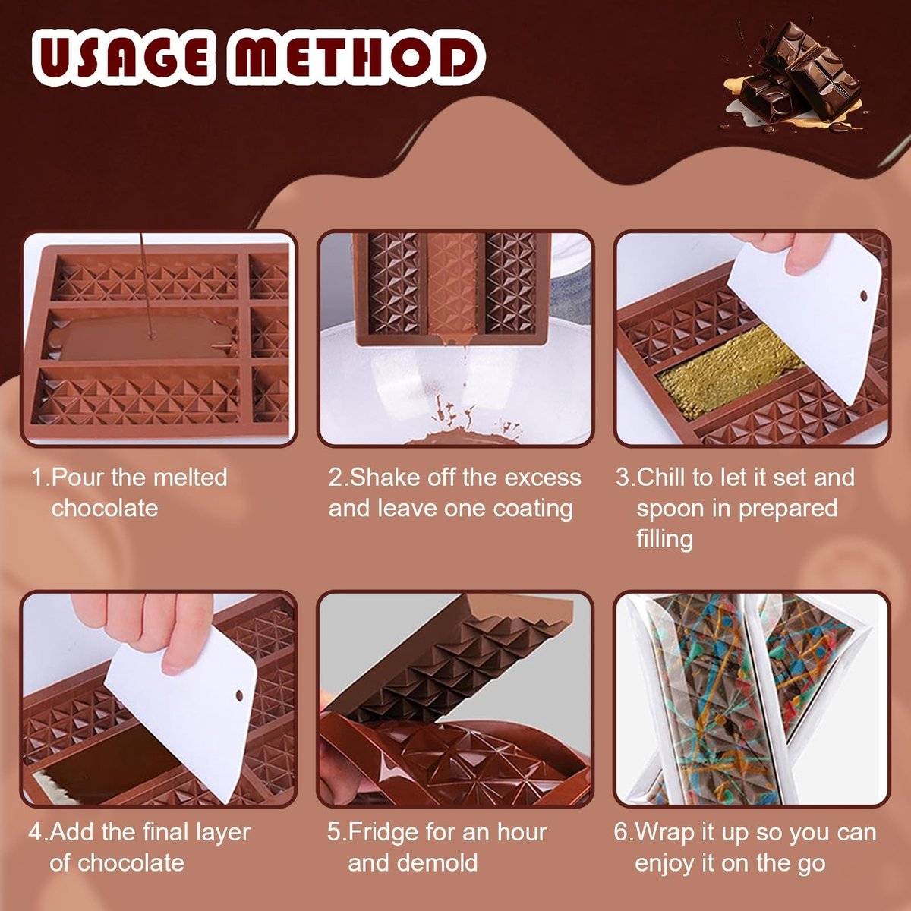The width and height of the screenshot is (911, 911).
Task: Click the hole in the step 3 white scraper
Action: (864, 296)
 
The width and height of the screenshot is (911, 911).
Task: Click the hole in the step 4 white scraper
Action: (239, 695)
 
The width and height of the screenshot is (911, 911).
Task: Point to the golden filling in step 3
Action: (731, 372)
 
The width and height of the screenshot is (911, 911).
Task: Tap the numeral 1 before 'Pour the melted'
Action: (37, 478)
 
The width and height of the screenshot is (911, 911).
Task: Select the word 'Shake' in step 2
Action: (385, 478)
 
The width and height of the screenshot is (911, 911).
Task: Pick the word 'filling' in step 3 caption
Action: (664, 540)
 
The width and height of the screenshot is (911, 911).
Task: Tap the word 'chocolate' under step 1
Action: (105, 509)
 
